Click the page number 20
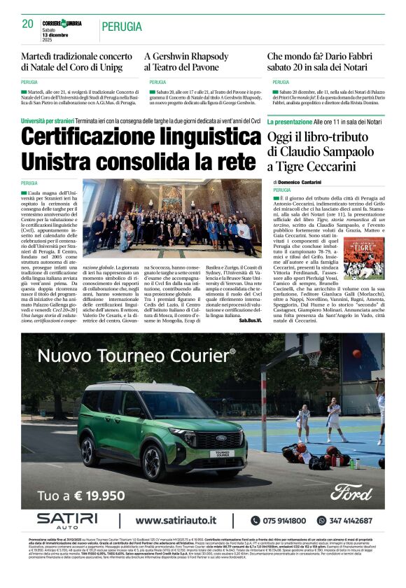[x=27, y=24]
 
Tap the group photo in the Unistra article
[x=171, y=217]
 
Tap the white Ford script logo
[x=351, y=491]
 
